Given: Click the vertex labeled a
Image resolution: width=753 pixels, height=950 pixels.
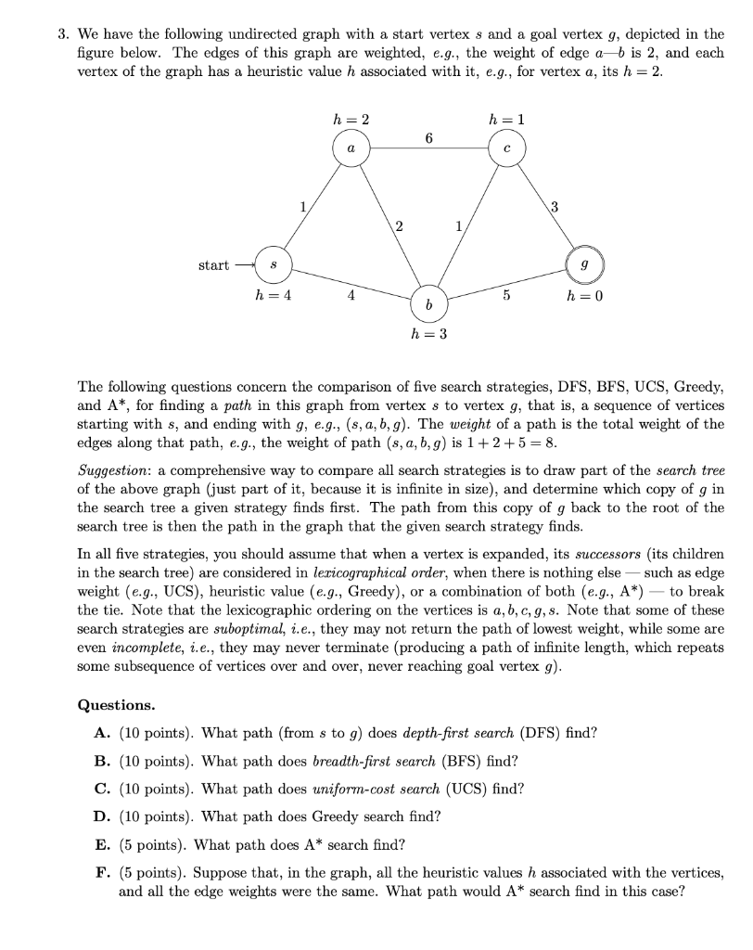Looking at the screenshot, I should pos(350,148).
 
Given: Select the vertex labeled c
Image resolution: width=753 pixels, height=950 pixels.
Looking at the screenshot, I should pos(507,148).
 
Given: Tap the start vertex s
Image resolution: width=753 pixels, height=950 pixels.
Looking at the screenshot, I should pos(270,265).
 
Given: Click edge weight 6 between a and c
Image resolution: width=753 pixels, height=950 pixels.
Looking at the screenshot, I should pos(428,137).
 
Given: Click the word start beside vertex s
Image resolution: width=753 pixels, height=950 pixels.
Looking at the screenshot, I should pos(213,265).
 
